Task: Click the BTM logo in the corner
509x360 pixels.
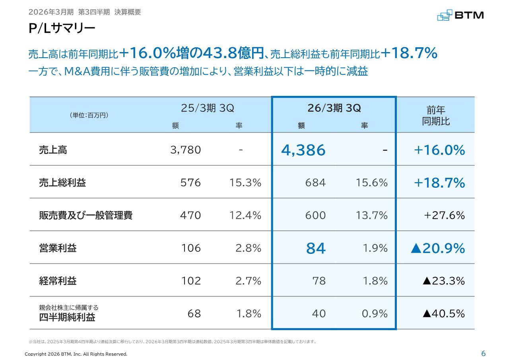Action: pyautogui.click(x=460, y=15)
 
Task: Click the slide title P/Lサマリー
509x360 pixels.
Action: pyautogui.click(x=62, y=29)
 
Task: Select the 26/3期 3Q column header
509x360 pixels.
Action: pyautogui.click(x=334, y=108)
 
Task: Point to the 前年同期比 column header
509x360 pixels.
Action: pyautogui.click(x=436, y=115)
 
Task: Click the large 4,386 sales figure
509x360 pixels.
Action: pyautogui.click(x=303, y=150)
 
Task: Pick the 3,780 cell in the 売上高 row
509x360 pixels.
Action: pyautogui.click(x=185, y=150)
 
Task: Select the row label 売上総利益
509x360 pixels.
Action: pyautogui.click(x=62, y=183)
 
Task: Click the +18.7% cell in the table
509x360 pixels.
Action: pyautogui.click(x=439, y=183)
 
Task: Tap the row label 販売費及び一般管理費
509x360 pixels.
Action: pyautogui.click(x=85, y=215)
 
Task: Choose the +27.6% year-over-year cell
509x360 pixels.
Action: pyautogui.click(x=444, y=215)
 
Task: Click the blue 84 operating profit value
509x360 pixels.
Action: pyautogui.click(x=316, y=248)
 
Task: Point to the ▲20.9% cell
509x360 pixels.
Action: pyautogui.click(x=437, y=248)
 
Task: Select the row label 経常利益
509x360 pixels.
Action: pyautogui.click(x=58, y=281)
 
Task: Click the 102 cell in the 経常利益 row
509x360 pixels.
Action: pyautogui.click(x=191, y=281)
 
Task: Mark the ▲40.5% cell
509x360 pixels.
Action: pyautogui.click(x=443, y=313)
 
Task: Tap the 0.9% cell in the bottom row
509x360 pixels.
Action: pyautogui.click(x=375, y=313)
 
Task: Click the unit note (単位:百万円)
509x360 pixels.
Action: pyautogui.click(x=89, y=115)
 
